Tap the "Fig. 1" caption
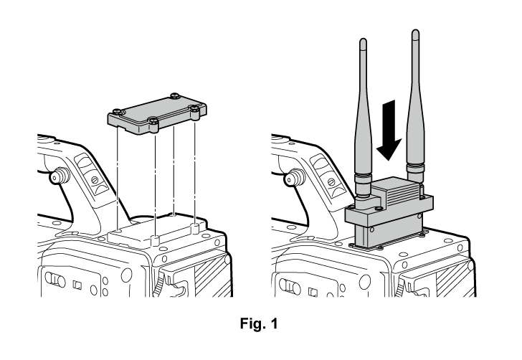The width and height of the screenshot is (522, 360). coord(259,323)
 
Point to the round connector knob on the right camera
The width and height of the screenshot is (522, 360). coord(294,178)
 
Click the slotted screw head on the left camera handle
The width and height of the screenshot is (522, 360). coord(95,179)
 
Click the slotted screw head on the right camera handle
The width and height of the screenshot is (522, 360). coord(331,182)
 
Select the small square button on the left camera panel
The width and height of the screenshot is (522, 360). coord(77,285)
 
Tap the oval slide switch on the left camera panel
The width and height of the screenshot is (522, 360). coord(55,279)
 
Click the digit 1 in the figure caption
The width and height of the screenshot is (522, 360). coord(274,323)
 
